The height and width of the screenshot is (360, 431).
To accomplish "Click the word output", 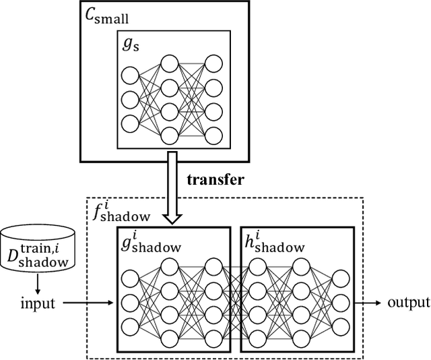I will pos(408,302).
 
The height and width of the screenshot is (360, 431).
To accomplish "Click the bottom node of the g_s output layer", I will pos(213,134).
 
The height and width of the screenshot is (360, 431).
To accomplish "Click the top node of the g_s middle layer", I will pos(171,63).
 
